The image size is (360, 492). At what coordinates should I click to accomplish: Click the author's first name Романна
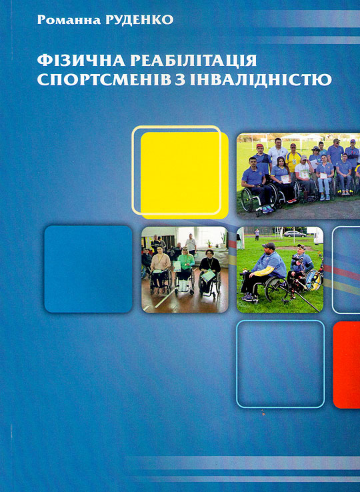pyautogui.click(x=69, y=20)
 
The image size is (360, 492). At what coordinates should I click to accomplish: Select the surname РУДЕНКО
pyautogui.click(x=139, y=20)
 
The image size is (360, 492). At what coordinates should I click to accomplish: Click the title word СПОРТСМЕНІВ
pyautogui.click(x=104, y=79)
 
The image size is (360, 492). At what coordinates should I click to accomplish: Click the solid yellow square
pyautogui.click(x=185, y=175)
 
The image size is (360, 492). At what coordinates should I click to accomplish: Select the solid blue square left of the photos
pyautogui.click(x=88, y=269)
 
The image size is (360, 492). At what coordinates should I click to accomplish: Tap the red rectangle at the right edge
pyautogui.click(x=347, y=365)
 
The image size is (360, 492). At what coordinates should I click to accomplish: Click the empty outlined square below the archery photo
pyautogui.click(x=237, y=364)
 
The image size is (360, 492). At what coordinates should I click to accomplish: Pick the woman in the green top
pyautogui.click(x=185, y=267)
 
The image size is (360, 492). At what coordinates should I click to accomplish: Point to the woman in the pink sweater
pyautogui.click(x=161, y=267)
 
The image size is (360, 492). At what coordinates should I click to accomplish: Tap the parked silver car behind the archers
pyautogui.click(x=295, y=234)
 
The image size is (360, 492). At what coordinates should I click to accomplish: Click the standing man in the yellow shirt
pyautogui.click(x=293, y=160)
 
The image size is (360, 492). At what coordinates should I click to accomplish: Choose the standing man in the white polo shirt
pyautogui.click(x=277, y=152)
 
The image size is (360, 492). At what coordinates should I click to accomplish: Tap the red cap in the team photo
pyautogui.click(x=260, y=146)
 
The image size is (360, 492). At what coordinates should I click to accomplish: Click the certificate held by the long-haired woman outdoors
pyautogui.click(x=285, y=179)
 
